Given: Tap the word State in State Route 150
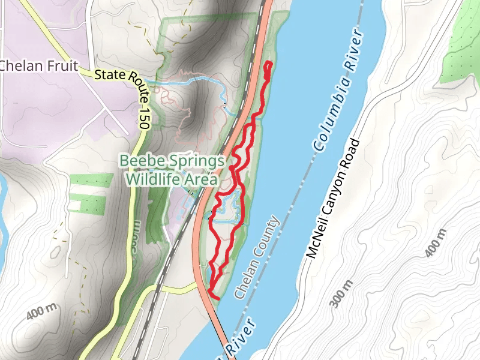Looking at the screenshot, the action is click(110, 75).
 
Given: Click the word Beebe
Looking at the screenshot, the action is click(142, 161).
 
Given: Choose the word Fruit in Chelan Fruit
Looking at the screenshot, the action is click(63, 65).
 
